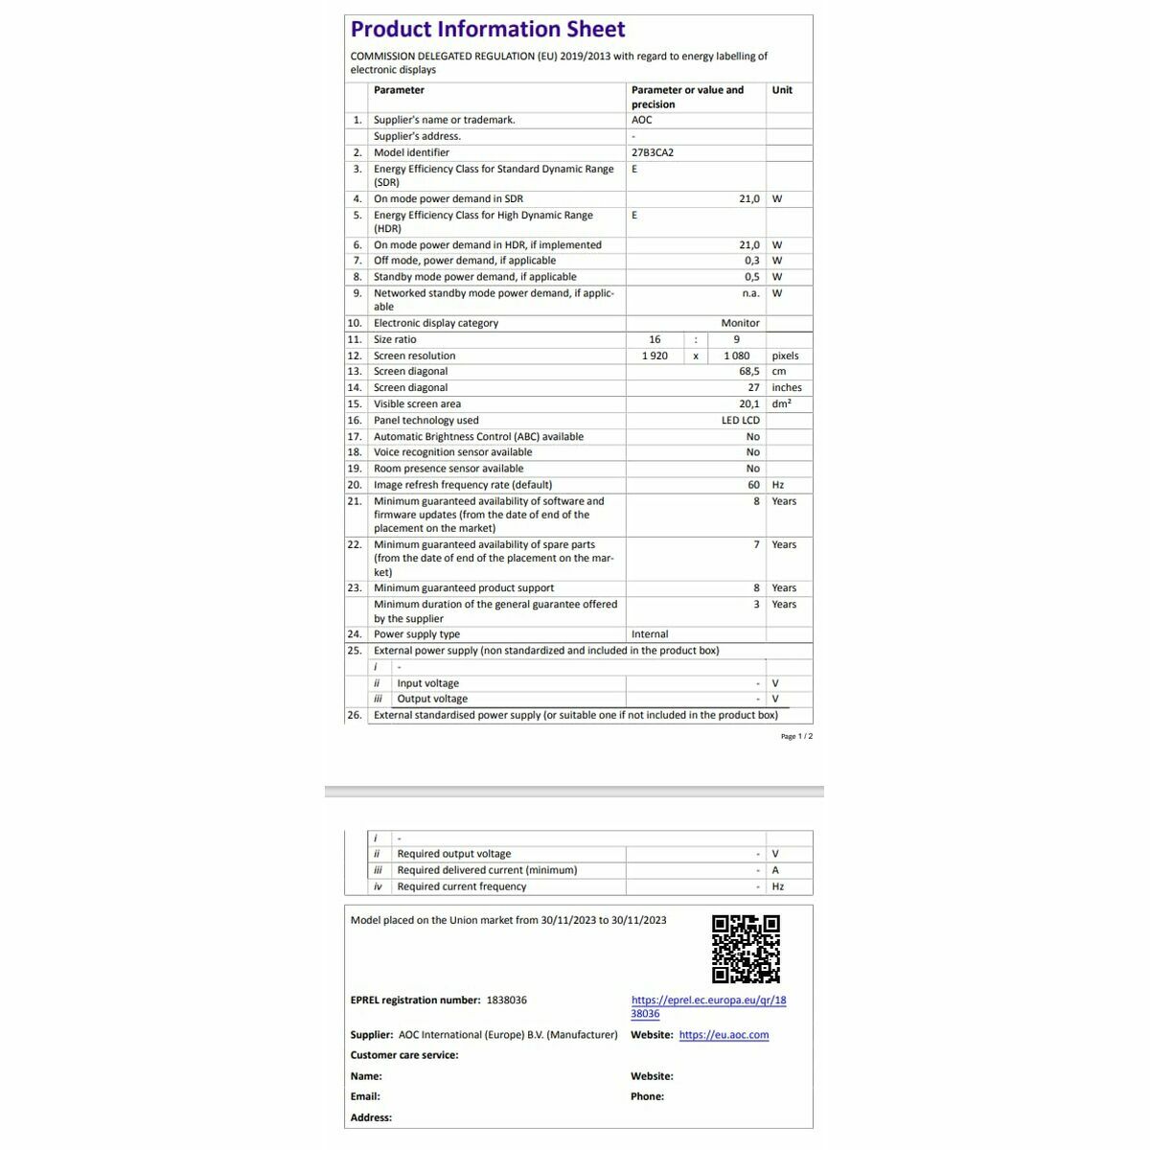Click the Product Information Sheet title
[x=488, y=30]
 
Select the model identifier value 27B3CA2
[x=653, y=152]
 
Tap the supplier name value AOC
[x=642, y=120]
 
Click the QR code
[x=746, y=949]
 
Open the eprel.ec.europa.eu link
[x=708, y=1006]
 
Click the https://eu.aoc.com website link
[x=724, y=1035]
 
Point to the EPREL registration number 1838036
[x=507, y=1000]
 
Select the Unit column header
[x=782, y=90]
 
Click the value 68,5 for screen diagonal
[x=748, y=372]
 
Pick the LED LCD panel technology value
[x=741, y=421]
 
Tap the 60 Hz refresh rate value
[x=754, y=485]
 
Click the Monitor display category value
[x=740, y=324]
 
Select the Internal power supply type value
[x=650, y=634]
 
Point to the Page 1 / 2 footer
[x=796, y=737]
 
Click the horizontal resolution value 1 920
[x=655, y=356]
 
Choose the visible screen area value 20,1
[x=748, y=404]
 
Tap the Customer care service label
[x=404, y=1055]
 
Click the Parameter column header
[x=399, y=90]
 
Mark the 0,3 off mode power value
[x=751, y=261]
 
